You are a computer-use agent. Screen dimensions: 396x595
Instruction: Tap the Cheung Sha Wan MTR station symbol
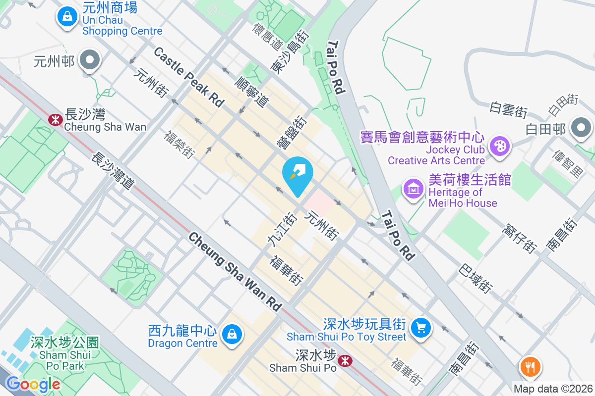click(x=55, y=119)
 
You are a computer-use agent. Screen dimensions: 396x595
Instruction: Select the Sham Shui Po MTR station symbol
click(x=345, y=361)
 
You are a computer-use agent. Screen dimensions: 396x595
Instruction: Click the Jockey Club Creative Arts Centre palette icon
click(x=498, y=146)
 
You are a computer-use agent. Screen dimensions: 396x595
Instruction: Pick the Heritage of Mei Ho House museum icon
click(x=413, y=188)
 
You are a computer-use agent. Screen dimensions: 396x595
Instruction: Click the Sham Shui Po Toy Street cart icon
click(x=421, y=327)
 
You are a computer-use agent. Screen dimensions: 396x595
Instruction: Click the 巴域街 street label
click(x=476, y=278)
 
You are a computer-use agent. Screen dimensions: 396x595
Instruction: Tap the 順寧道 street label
click(x=252, y=92)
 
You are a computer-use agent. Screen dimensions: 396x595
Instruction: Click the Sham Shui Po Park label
click(x=64, y=354)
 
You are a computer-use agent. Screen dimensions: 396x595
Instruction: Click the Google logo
click(x=33, y=384)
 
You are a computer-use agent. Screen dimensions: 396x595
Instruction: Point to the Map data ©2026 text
click(x=552, y=389)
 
